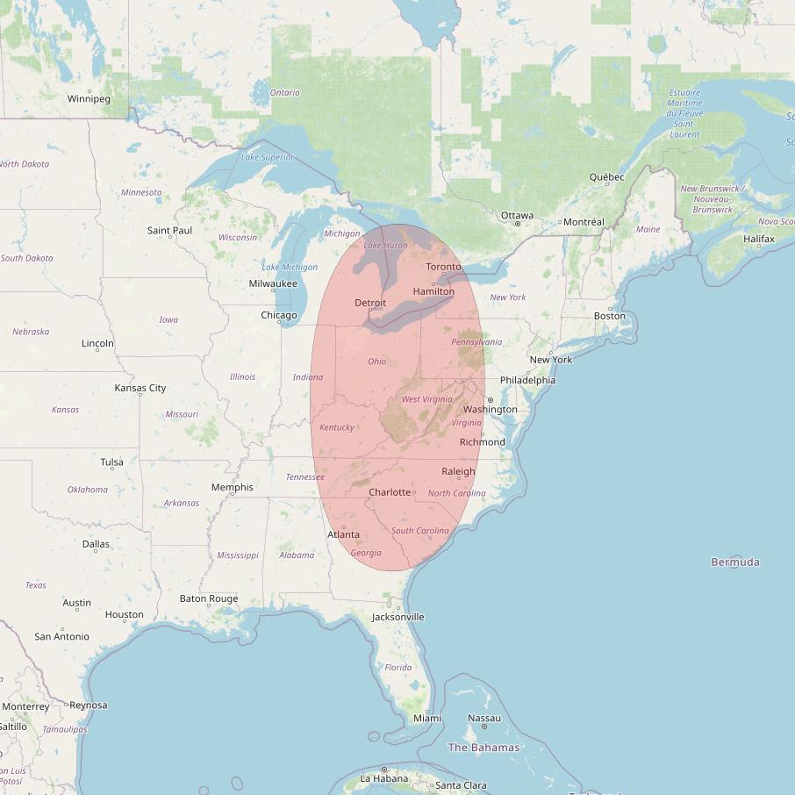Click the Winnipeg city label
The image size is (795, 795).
89,98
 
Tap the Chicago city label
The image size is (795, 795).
278,315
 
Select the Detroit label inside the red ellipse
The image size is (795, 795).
370,303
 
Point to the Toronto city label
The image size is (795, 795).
443,267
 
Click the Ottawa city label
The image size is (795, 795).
517,215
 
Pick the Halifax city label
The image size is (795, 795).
758,239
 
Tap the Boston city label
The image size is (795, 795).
609,316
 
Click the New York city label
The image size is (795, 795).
550,360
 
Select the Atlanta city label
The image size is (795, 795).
343,534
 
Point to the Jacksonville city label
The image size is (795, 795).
397,617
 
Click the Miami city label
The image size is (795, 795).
427,718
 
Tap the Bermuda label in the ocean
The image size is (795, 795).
735,562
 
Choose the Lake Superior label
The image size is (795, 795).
267,157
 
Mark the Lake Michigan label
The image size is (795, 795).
290,267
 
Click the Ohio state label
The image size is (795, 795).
376,362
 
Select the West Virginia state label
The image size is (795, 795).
426,399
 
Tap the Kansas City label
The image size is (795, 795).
140,388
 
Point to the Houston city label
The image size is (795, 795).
124,615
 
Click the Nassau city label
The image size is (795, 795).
483,718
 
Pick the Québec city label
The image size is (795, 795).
606,177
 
